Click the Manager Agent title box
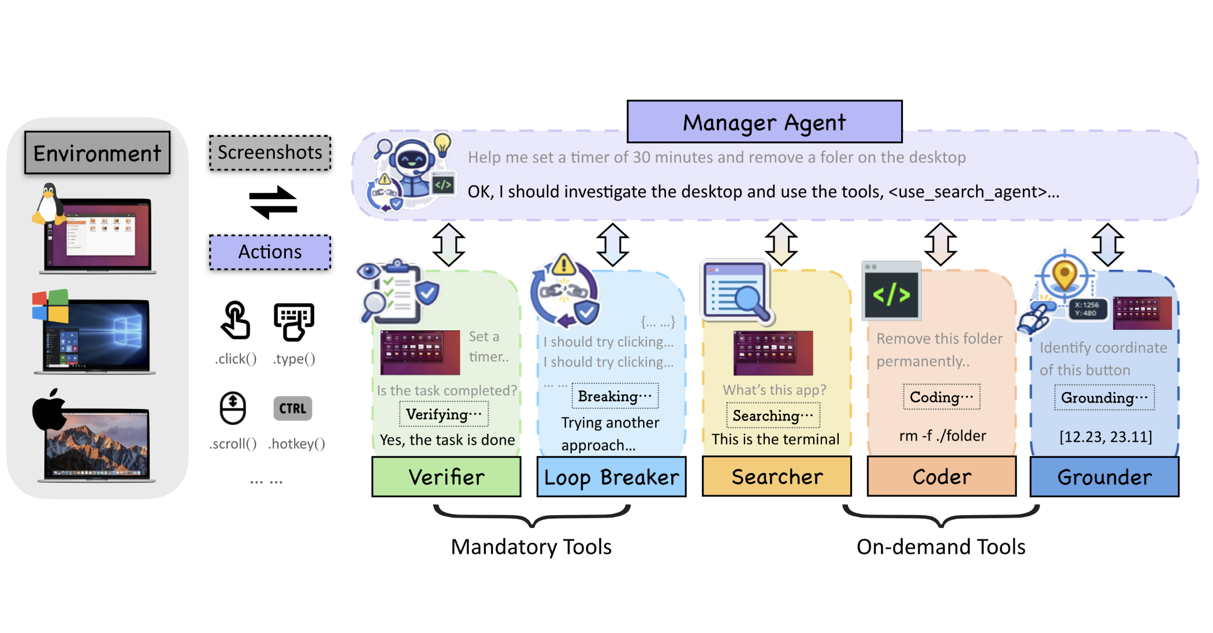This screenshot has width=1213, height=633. pyautogui.click(x=764, y=122)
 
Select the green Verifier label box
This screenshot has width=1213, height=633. pyautogui.click(x=446, y=477)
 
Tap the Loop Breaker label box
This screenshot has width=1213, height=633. pyautogui.click(x=611, y=477)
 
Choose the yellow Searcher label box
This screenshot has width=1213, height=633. pyautogui.click(x=776, y=476)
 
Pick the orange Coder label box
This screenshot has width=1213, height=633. pyautogui.click(x=942, y=476)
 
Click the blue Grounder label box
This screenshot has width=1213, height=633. pyautogui.click(x=1104, y=477)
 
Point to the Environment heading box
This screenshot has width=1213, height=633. pyautogui.click(x=97, y=153)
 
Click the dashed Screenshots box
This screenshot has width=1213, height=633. pyautogui.click(x=270, y=152)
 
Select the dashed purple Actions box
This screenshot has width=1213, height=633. pyautogui.click(x=270, y=252)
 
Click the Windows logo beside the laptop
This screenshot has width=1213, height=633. pyautogui.click(x=50, y=306)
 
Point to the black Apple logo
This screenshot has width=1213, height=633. pyautogui.click(x=49, y=410)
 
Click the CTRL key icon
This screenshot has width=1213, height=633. pyautogui.click(x=292, y=408)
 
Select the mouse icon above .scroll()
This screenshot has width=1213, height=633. pyautogui.click(x=233, y=408)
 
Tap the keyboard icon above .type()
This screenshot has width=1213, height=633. pyautogui.click(x=293, y=321)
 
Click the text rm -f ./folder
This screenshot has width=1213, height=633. pyautogui.click(x=942, y=435)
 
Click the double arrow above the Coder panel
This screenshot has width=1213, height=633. pyautogui.click(x=940, y=244)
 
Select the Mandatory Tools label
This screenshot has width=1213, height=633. pyautogui.click(x=531, y=546)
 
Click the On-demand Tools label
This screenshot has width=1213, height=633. pyautogui.click(x=940, y=546)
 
